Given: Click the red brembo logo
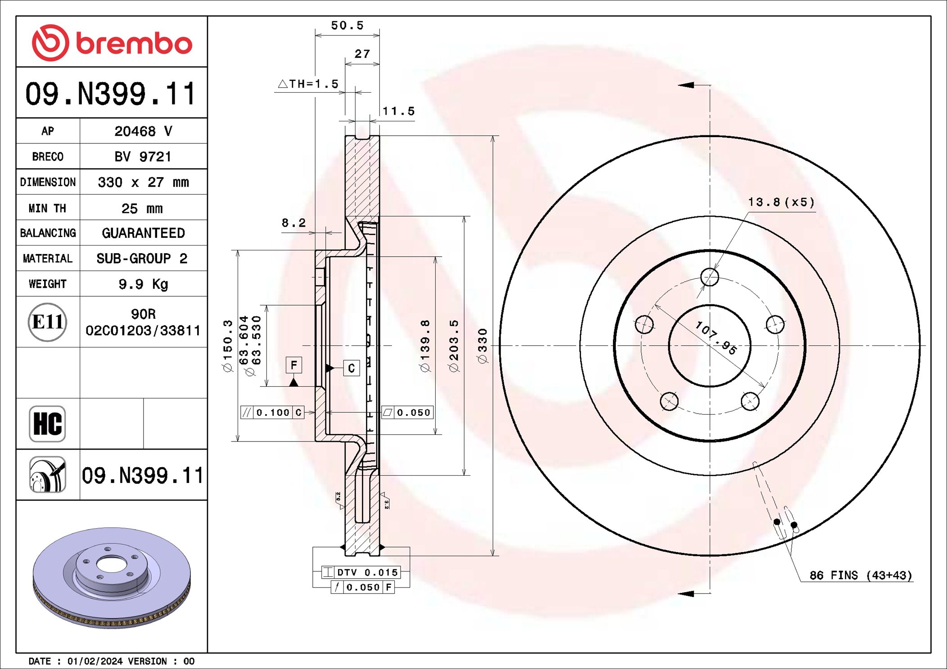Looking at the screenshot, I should (112, 43).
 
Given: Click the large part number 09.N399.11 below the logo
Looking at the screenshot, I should (111, 94).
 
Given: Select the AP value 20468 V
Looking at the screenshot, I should (143, 131).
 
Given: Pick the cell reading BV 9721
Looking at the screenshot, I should (143, 156).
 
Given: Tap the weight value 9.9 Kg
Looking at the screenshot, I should (143, 284).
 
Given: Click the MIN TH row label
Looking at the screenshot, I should (47, 208).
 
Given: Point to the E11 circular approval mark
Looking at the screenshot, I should (47, 322).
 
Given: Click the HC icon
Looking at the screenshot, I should (47, 424).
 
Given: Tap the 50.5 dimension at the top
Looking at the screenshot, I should (347, 26).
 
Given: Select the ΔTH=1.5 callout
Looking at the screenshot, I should (308, 84).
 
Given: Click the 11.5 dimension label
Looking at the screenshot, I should (398, 111).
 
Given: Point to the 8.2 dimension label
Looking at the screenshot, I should (293, 223).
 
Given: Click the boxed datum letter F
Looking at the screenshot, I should (294, 365).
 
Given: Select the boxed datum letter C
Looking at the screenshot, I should (352, 368).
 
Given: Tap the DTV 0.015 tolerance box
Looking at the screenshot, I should (361, 572).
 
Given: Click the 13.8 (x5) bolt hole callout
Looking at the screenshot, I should (781, 202).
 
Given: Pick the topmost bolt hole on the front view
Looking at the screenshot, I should (710, 277).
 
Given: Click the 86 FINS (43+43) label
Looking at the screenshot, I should (860, 575).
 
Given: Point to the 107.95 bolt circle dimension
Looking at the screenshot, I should (716, 338).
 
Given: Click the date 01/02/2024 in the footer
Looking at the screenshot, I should (95, 661).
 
